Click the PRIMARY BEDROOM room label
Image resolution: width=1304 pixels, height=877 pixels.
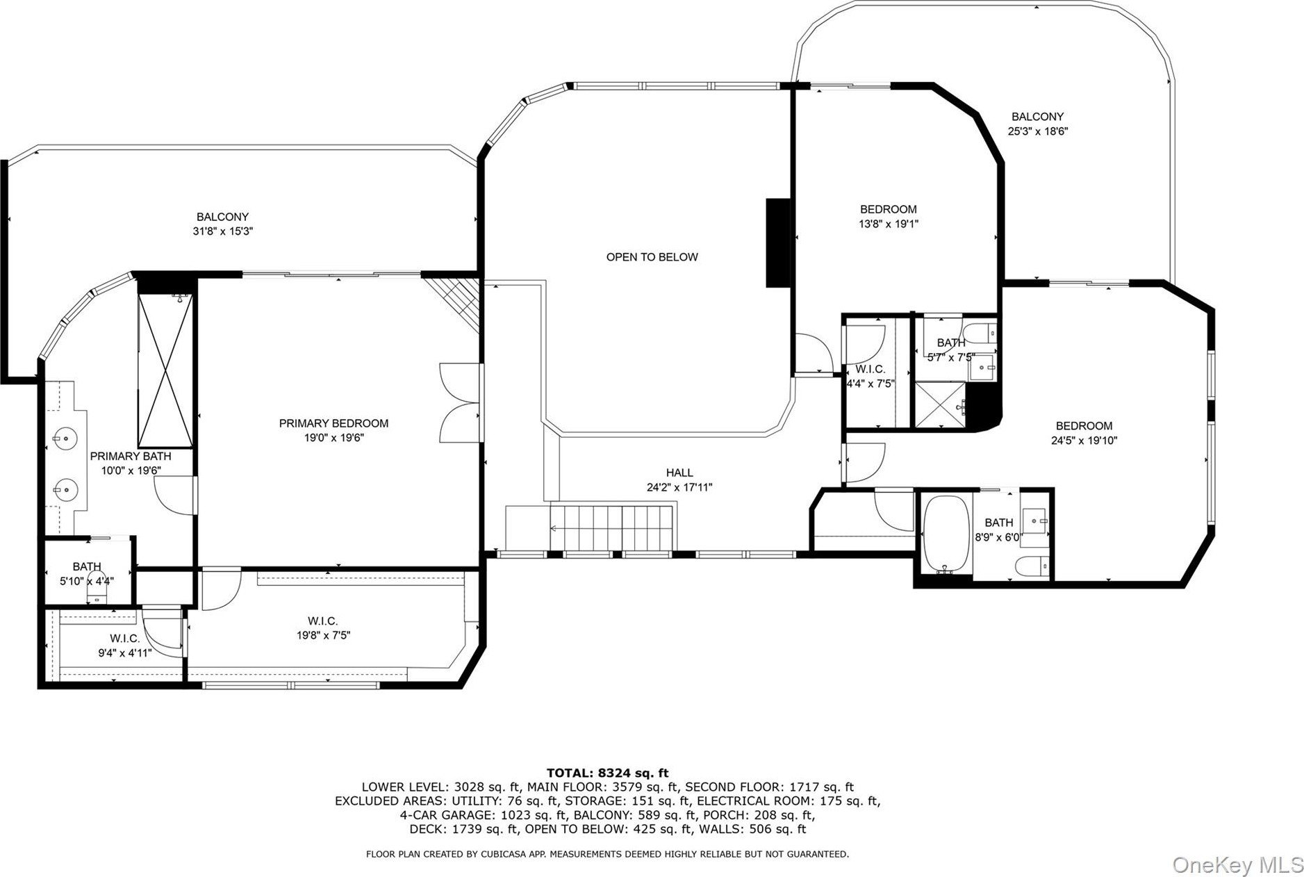pyautogui.click(x=333, y=423)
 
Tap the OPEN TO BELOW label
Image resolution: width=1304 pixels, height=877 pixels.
pyautogui.click(x=652, y=257)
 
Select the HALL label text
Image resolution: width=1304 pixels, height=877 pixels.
pyautogui.click(x=679, y=473)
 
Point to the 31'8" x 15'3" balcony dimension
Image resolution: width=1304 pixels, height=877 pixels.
pyautogui.click(x=222, y=231)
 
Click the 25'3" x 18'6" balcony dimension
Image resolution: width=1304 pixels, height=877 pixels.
pyautogui.click(x=1037, y=131)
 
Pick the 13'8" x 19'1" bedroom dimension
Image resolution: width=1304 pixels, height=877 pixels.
pyautogui.click(x=889, y=224)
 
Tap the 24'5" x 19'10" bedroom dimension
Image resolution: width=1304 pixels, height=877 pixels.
pyautogui.click(x=1084, y=440)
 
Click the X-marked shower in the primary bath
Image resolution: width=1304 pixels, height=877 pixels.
pyautogui.click(x=165, y=370)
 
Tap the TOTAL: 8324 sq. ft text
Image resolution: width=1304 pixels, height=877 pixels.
pyautogui.click(x=608, y=772)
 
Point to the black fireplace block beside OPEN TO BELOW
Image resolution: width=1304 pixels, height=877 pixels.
pyautogui.click(x=779, y=243)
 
